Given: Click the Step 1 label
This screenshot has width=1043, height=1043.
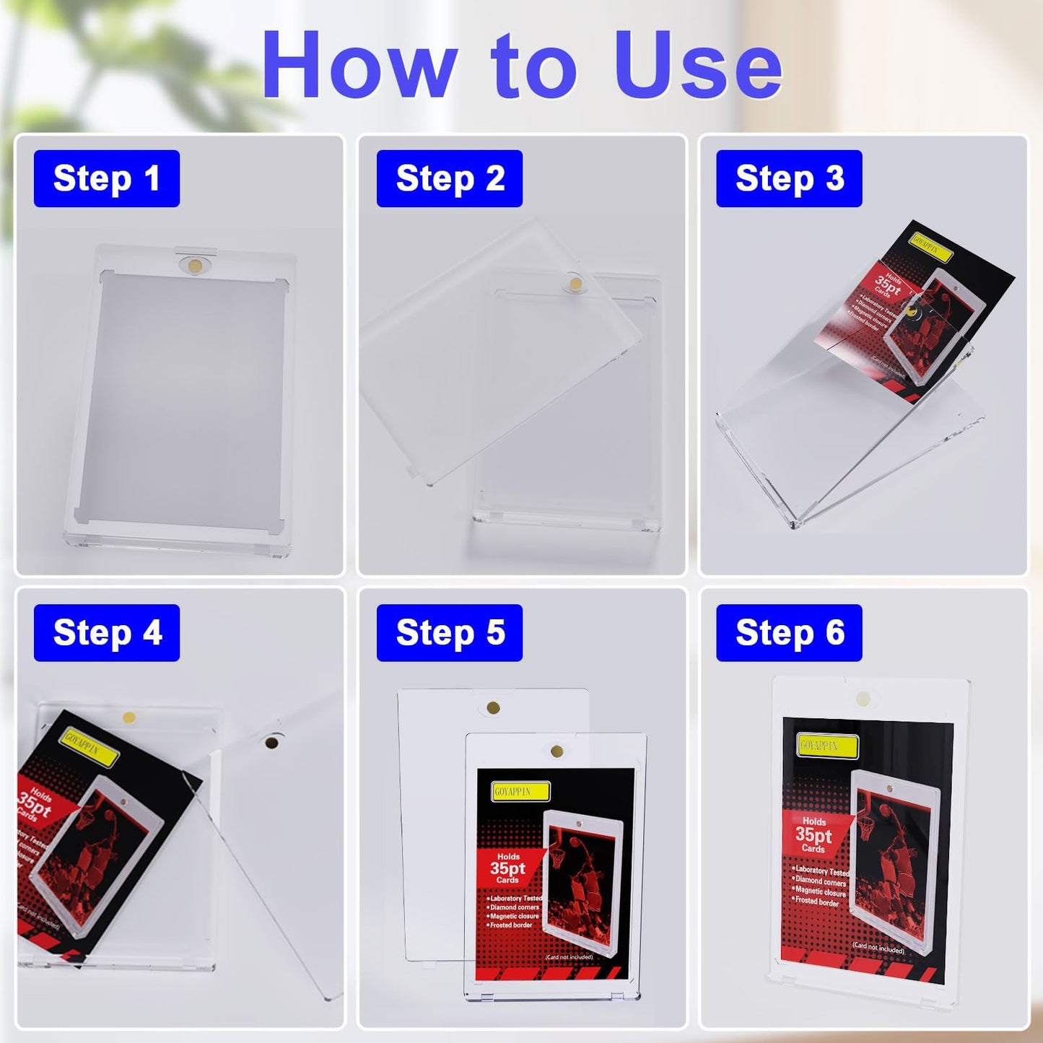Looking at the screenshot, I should coord(106,178).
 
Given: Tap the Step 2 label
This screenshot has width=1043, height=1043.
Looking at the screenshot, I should coord(449,178).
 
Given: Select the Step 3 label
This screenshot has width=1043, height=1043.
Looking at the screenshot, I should coord(789,178).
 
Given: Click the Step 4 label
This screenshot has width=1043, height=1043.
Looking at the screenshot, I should coord(106,633).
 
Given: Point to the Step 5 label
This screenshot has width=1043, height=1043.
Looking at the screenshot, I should coord(449,633).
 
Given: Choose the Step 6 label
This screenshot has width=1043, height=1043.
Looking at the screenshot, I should coord(789,633).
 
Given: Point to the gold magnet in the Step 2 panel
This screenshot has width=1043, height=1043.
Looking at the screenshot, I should coord(575,284).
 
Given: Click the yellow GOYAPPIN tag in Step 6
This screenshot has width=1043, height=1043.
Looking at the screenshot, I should coord(828,746).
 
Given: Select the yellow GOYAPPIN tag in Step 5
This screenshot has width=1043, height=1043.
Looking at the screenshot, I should coord(520,792).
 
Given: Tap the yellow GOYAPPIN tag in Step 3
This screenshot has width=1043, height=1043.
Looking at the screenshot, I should coord(931,248).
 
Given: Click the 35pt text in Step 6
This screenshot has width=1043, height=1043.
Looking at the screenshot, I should coord(813,835).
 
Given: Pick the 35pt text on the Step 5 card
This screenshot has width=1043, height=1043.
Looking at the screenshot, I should coord(507,868).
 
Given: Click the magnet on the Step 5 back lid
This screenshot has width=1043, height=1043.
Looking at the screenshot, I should coord(494,707).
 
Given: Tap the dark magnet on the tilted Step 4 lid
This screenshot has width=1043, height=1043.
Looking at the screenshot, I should coord(272,742).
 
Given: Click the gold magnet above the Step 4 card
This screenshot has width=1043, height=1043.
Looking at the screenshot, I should coord(129,717).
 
